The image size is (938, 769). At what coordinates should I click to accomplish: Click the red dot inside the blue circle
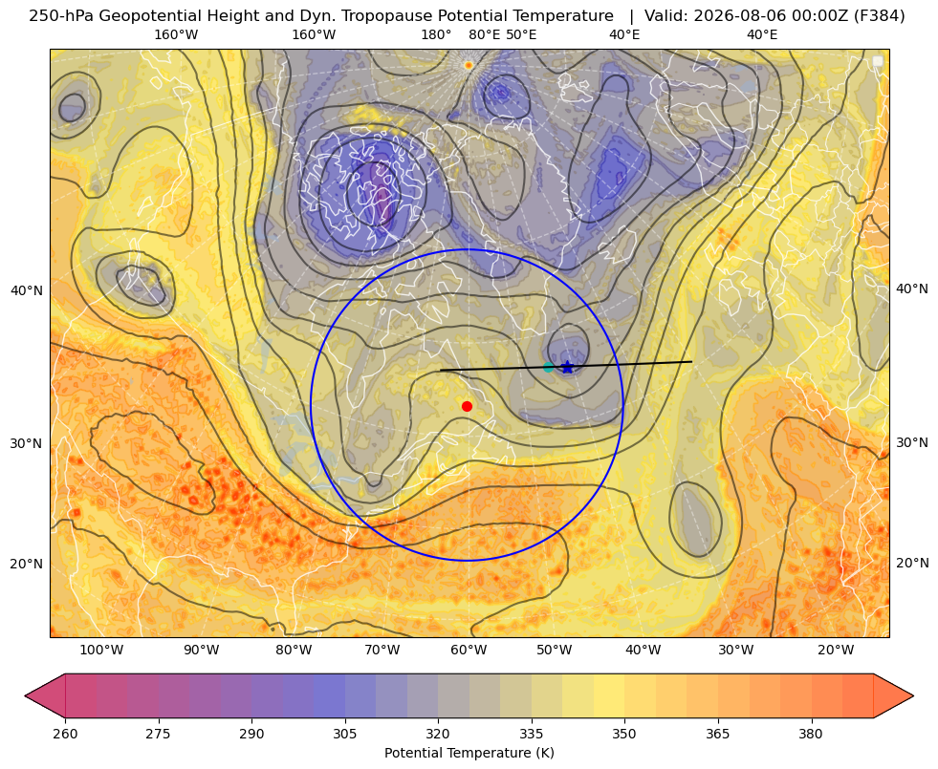(468, 406)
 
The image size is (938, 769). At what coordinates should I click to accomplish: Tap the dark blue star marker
(568, 367)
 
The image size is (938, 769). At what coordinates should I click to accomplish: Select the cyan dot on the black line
(549, 367)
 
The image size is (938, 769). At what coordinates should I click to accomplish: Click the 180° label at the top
(436, 34)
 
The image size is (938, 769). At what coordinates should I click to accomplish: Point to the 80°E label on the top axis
(484, 34)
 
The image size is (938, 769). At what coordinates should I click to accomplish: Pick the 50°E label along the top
(521, 34)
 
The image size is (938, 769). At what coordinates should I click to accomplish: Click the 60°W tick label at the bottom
(469, 650)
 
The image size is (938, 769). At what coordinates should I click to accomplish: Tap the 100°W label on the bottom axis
(101, 650)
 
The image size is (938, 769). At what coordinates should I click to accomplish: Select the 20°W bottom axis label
(836, 650)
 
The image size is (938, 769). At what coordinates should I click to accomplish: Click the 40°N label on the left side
(27, 291)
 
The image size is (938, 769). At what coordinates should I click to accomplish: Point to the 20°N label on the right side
(912, 563)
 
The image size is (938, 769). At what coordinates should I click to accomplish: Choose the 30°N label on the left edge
(27, 443)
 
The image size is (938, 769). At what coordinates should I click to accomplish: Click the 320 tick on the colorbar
(438, 734)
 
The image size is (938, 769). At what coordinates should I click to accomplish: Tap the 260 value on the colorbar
(65, 734)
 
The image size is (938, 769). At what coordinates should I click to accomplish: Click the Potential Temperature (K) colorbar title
(469, 753)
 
